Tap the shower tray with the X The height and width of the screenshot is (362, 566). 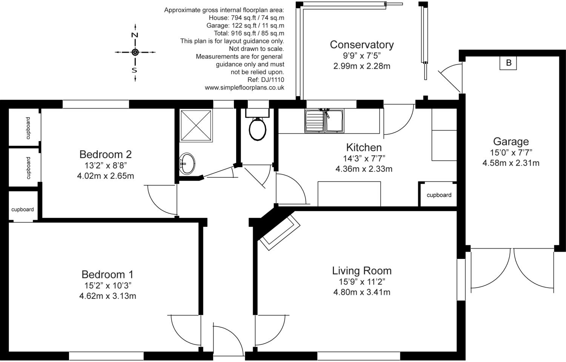pyautogui.click(x=196, y=125)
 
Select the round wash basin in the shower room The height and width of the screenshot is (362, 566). pyautogui.click(x=187, y=163)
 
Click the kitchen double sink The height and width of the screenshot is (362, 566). pyautogui.click(x=324, y=120)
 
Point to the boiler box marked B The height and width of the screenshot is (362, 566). pyautogui.click(x=508, y=63)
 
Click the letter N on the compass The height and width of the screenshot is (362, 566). pyautogui.click(x=135, y=35)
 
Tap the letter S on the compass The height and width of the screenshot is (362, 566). pyautogui.click(x=134, y=70)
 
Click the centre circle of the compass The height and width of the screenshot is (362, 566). pyautogui.click(x=135, y=52)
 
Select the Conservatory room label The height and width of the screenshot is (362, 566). pyautogui.click(x=362, y=45)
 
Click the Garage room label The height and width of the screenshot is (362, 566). pyautogui.click(x=511, y=141)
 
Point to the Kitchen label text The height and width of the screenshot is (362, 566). pyautogui.click(x=364, y=147)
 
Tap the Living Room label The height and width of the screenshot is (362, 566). pyautogui.click(x=362, y=271)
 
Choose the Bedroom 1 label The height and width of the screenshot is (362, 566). pyautogui.click(x=108, y=274)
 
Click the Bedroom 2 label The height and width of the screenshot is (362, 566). pyautogui.click(x=105, y=154)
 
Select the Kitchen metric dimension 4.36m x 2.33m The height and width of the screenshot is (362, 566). pyautogui.click(x=364, y=169)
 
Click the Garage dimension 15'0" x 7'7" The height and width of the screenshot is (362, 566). pyautogui.click(x=511, y=153)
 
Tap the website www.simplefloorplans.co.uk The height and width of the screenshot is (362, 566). pyautogui.click(x=245, y=88)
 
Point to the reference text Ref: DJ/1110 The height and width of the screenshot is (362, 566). pyautogui.click(x=266, y=80)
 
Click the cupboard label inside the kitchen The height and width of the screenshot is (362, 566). pyautogui.click(x=439, y=195)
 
